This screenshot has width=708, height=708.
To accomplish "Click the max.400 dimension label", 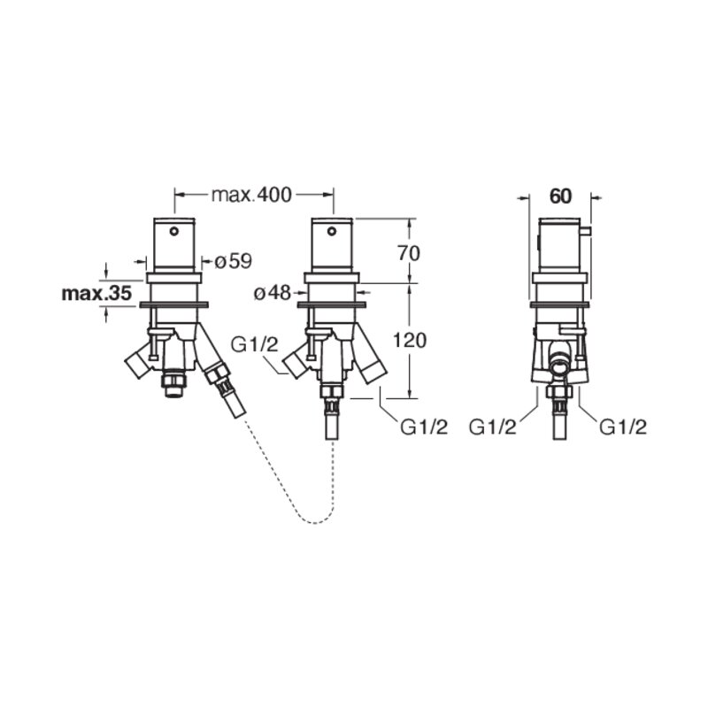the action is click(x=251, y=195).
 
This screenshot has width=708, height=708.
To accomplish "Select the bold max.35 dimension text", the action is click(x=96, y=294).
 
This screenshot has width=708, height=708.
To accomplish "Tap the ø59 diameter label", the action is click(x=233, y=261).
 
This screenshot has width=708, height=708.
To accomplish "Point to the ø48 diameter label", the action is click(x=273, y=293).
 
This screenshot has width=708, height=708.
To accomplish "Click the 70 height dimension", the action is click(x=409, y=253).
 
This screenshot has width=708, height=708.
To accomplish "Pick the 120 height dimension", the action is click(x=410, y=341).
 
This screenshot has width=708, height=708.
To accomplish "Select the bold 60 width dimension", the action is click(x=560, y=196).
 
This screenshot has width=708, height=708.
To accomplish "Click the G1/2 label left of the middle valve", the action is click(x=254, y=345).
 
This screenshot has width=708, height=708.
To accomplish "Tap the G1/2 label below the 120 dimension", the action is click(x=424, y=427).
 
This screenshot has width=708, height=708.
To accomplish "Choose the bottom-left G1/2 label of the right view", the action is click(x=492, y=427).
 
